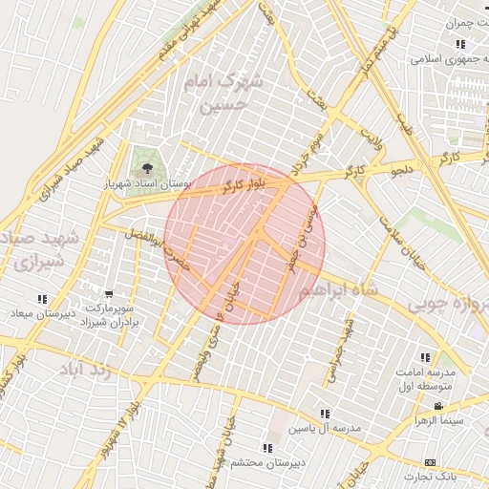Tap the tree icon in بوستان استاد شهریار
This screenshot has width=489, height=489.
pos(145,167)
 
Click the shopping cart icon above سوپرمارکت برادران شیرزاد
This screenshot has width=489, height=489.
pos(110,295)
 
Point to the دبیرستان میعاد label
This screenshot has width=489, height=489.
pos(35,313)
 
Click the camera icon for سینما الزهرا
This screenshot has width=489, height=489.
pos(437,407)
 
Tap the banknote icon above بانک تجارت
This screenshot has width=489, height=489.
pos(430,462)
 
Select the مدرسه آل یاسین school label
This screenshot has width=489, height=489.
pos(327,428)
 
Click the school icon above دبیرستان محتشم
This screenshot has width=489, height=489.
pos(266,448)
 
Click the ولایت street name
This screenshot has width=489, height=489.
pos(369,142)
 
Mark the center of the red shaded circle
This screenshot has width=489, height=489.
pos(244,244)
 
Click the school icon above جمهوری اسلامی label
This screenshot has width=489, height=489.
pos(460,44)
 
